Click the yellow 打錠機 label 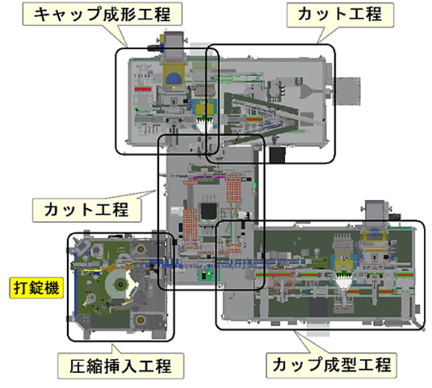(37, 288)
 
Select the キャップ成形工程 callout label (102, 14)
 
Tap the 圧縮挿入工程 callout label (121, 366)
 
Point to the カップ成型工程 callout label (331, 365)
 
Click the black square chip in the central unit (210, 212)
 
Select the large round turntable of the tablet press (120, 284)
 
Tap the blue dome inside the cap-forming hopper (173, 79)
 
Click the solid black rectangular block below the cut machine (278, 155)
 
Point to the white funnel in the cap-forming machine (204, 125)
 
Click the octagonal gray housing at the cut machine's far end (347, 91)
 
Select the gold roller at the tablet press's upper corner (140, 249)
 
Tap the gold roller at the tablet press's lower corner (140, 319)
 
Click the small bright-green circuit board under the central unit (207, 274)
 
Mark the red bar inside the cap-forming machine (143, 90)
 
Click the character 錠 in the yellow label (37, 288)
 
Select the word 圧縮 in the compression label (86, 366)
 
